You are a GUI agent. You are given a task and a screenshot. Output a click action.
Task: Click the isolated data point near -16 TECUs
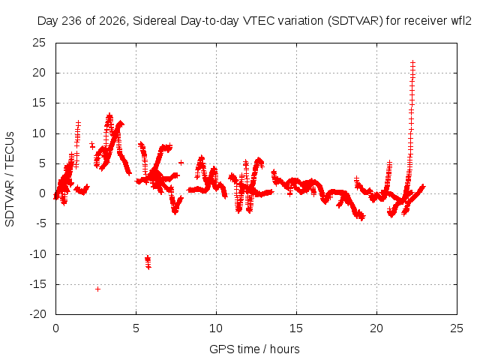coord(97,289)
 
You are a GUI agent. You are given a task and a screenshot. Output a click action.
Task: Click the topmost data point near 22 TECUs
coord(413,63)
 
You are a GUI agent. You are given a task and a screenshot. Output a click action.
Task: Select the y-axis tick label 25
coord(39,43)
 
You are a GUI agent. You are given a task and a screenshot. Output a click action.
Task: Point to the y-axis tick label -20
coord(37,314)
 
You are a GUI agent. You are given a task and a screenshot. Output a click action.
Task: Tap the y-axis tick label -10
coord(37,254)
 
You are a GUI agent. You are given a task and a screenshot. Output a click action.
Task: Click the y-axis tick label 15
coord(39,103)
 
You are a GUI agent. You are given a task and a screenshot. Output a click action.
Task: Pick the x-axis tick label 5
coord(136,328)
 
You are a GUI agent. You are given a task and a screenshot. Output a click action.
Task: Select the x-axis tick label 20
coord(376,328)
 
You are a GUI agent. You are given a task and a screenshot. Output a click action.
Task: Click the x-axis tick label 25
coord(457,328)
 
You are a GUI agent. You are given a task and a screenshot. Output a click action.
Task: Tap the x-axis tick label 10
coord(216,328)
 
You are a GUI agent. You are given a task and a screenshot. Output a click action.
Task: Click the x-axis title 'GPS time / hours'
coord(254,349)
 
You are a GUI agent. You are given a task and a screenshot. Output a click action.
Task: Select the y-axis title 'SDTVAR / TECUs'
coord(10,179)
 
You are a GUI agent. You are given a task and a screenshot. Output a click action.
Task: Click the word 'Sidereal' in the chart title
coord(154,21)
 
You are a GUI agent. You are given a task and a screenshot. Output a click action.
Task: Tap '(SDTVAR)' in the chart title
coord(355,21)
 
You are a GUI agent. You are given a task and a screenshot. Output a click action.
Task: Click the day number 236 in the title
coord(72,21)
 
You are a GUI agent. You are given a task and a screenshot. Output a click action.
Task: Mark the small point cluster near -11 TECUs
coord(148,262)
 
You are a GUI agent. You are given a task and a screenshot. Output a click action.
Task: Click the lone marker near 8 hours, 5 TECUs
coord(181,163)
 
